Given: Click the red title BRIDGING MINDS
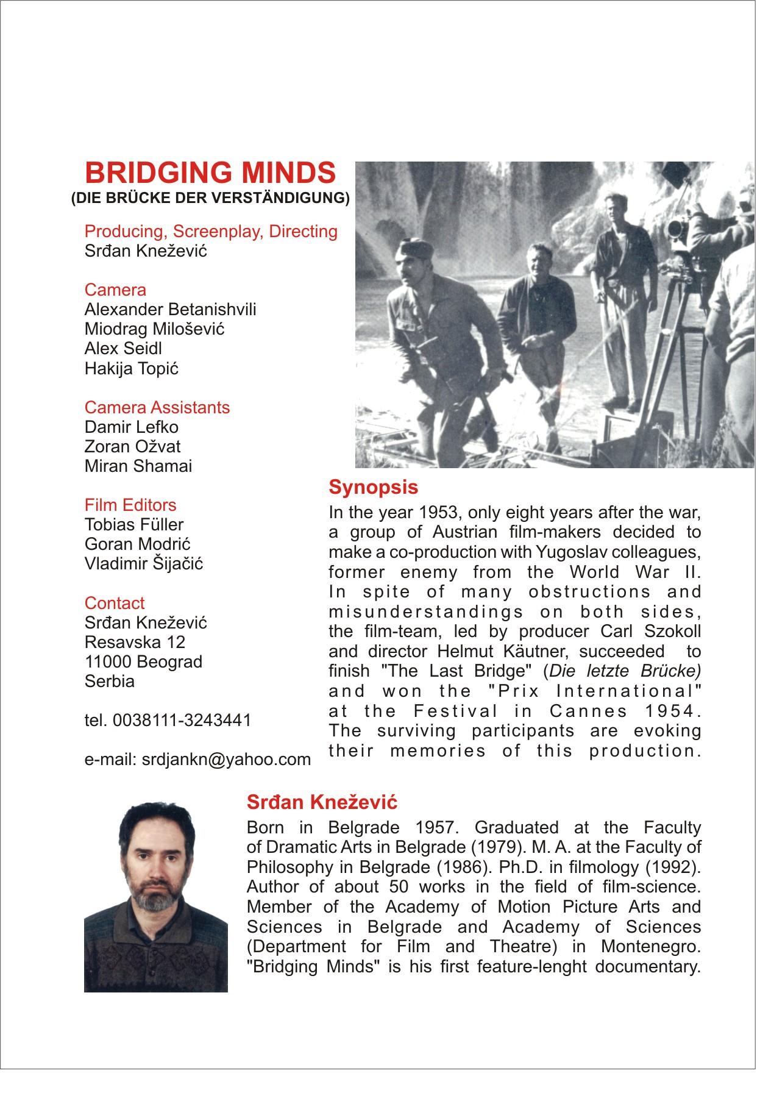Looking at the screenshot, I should [x=210, y=173].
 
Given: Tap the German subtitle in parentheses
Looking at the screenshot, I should [x=210, y=198].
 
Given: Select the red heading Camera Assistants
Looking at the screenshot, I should [x=157, y=408].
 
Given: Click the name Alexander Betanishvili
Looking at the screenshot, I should [x=171, y=310].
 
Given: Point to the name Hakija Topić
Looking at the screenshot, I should [x=132, y=369].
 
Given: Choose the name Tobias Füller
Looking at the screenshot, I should [x=134, y=525].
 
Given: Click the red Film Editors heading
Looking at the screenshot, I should [x=130, y=505].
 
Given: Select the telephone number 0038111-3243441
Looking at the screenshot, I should [x=182, y=721].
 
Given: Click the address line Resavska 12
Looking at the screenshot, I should [x=135, y=643].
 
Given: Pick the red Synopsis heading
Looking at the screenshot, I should [x=374, y=488].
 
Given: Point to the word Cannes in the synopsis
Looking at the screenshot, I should [x=588, y=711].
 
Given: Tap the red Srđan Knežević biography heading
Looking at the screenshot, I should [x=322, y=803].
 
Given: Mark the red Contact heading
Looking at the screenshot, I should [x=115, y=604].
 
